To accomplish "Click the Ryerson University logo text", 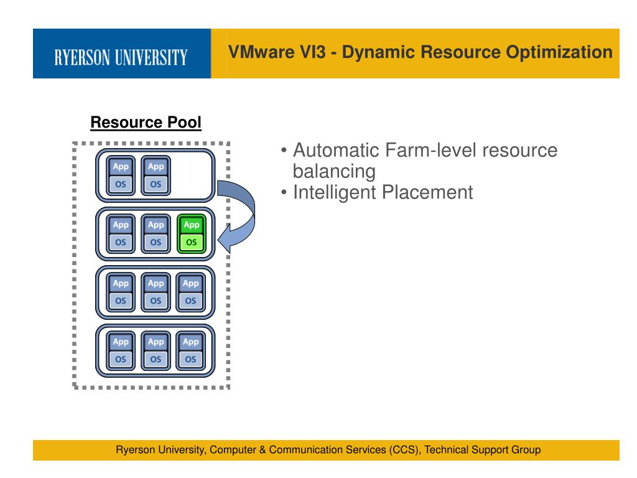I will click(x=121, y=58).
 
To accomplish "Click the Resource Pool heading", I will click(x=146, y=123).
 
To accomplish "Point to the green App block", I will click(x=191, y=225).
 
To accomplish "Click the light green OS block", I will click(x=191, y=241).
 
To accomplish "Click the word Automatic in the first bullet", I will click(x=336, y=151).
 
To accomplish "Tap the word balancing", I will click(x=334, y=171).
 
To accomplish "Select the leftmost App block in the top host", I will click(x=121, y=167).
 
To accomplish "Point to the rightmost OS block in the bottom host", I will click(x=191, y=358).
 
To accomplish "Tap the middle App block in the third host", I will click(x=156, y=283).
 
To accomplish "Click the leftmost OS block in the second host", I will click(x=121, y=241).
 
